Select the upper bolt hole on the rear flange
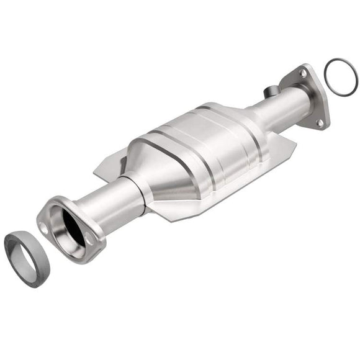point(302,73)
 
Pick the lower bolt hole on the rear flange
point(319,122)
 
